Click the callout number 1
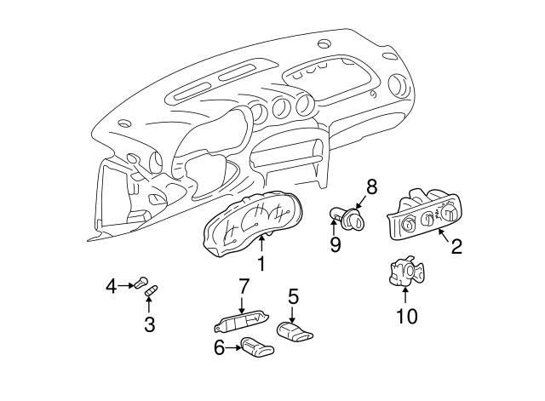[x=261, y=264]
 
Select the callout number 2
[x=456, y=247]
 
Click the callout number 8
[x=371, y=185]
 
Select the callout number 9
[x=336, y=246]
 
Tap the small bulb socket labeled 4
[x=142, y=284]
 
